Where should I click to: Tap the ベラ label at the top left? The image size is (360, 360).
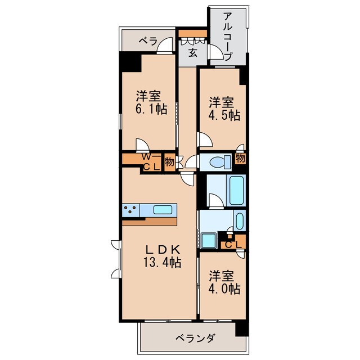tap(148, 41)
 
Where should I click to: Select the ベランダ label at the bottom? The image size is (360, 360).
tap(194, 339)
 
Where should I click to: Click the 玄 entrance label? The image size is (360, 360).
tap(192, 53)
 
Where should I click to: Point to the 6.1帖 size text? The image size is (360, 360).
tap(151, 110)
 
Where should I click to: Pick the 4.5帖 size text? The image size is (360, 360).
tap(225, 116)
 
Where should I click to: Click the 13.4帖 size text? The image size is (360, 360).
tap(161, 262)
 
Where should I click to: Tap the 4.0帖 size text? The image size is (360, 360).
tap(225, 290)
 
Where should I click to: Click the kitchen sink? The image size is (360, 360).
tap(163, 210)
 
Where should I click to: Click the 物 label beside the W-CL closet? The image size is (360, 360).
tap(169, 162)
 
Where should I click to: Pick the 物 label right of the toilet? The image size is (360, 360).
tap(240, 159)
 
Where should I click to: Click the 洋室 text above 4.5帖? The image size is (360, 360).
tap(222, 102)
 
